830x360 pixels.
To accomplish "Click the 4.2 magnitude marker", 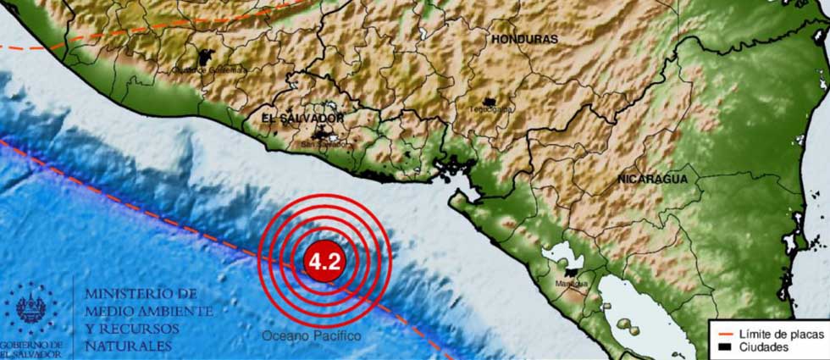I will point(324,261).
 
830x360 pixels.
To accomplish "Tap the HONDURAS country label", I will point(524,39).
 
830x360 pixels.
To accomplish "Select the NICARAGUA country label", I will point(651,180).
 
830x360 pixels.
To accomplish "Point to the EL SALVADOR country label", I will point(290,118).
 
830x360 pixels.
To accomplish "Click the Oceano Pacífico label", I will point(310,337).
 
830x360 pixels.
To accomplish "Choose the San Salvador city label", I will point(324,144).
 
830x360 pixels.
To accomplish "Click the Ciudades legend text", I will point(764,347).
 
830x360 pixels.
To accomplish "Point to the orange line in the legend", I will point(722,335).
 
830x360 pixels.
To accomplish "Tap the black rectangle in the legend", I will point(722,347).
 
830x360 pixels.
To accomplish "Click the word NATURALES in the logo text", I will point(126,346).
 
